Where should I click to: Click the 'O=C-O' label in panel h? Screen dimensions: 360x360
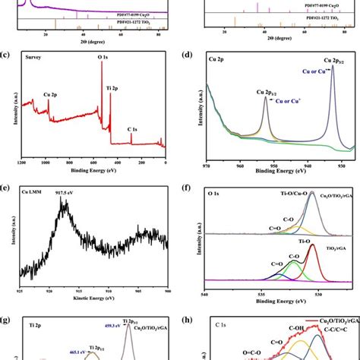pos(248,352)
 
